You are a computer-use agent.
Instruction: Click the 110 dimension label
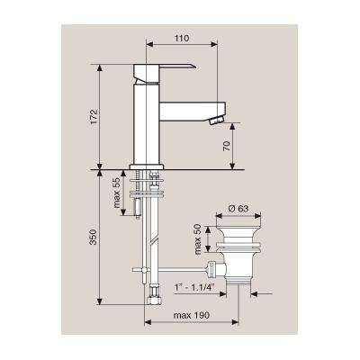pos(182,39)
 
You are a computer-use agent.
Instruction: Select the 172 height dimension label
pos(94,117)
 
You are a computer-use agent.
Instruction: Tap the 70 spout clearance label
pos(227,146)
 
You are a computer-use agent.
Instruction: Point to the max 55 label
pos(117,193)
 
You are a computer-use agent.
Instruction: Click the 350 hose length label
pos(94,237)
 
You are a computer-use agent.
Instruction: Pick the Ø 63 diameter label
pos(238,208)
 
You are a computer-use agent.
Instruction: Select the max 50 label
pos(198,238)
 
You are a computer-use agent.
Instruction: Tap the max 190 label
pos(192,315)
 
